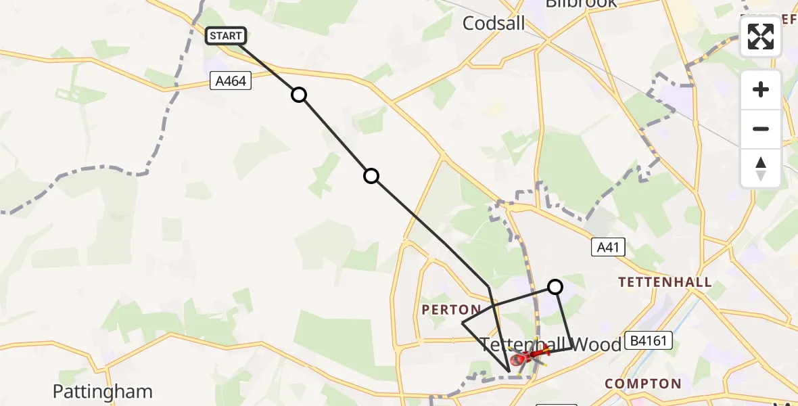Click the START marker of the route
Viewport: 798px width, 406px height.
226,36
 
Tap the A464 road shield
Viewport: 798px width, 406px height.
231,81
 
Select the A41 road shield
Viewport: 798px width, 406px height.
607,248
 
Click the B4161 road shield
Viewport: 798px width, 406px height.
648,340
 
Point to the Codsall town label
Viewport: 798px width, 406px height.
494,24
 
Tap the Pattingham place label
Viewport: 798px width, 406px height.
103,391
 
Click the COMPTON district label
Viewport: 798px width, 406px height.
642,384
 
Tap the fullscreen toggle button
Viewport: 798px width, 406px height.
761,37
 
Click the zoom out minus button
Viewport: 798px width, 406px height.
761,129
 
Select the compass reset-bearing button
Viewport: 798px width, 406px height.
761,168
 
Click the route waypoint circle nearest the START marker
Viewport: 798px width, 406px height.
299,95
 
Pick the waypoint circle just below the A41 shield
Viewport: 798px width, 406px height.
555,287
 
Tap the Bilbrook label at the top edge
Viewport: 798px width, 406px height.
581,3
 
